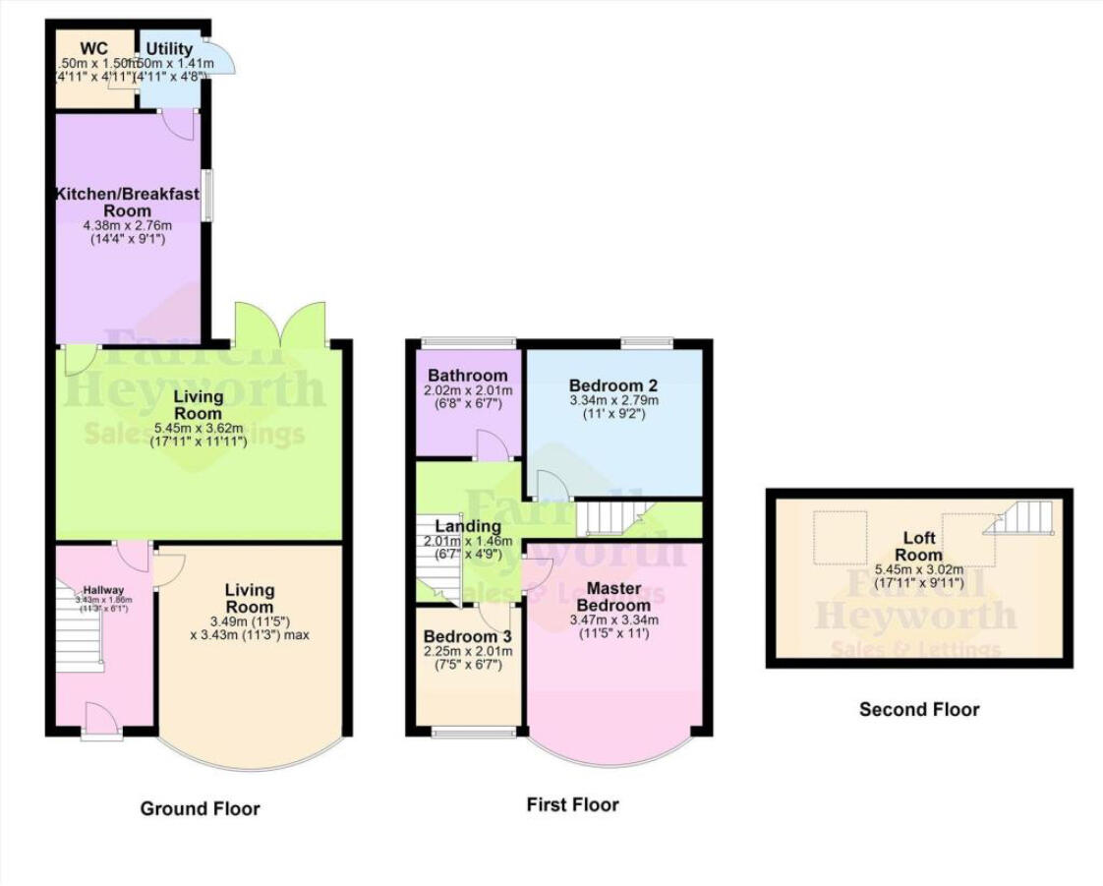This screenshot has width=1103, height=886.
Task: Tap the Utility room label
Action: tap(169, 47)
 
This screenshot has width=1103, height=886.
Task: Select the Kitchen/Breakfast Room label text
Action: tap(128, 202)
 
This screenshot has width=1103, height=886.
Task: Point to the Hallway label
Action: tap(103, 589)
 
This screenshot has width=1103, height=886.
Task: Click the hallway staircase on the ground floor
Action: tap(79, 629)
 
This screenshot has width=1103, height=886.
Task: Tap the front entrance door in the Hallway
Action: tap(102, 720)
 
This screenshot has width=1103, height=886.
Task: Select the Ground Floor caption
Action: tap(200, 809)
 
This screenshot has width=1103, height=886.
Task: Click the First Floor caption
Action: tap(572, 805)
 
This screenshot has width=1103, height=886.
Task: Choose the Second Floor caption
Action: tap(919, 709)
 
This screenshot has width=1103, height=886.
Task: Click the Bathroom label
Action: tap(467, 376)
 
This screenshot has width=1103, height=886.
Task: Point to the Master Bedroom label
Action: tap(614, 596)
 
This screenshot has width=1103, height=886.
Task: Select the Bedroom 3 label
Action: tap(466, 636)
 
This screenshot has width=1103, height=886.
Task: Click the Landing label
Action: tap(468, 527)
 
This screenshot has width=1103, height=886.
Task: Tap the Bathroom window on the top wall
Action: tap(468, 343)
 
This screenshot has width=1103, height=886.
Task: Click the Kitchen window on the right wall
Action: tap(206, 196)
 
